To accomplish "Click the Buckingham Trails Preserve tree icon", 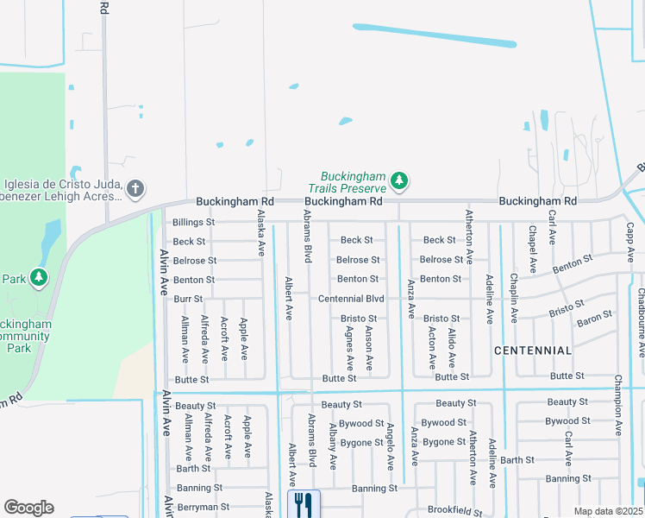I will click(398, 180).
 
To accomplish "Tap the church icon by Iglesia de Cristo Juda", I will click(134, 188).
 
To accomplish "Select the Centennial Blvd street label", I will click(351, 299).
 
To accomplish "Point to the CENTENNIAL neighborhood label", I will click(533, 351).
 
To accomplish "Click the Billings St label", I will click(192, 222).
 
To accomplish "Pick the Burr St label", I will click(188, 299).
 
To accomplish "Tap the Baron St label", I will click(595, 318).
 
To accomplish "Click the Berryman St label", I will click(204, 507).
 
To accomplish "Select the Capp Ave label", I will click(630, 241).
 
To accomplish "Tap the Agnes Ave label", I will click(349, 350).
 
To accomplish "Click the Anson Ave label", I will click(369, 350).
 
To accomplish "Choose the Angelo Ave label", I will click(390, 452).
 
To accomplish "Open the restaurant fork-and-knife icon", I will click(304, 504).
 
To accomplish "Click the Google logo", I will click(28, 508).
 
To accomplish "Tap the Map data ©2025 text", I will click(608, 511).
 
